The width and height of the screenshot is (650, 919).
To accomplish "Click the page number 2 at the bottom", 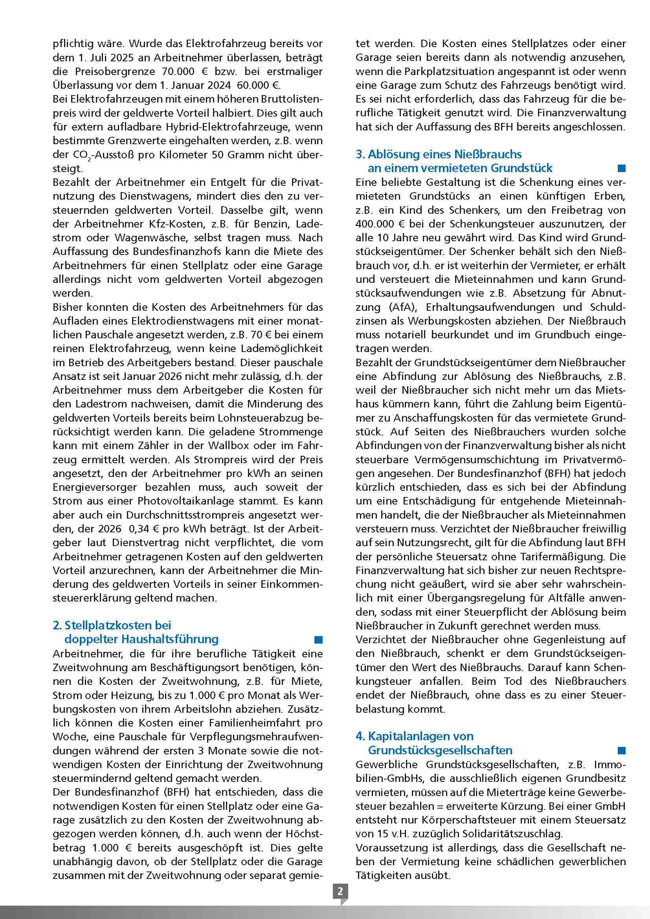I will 340,891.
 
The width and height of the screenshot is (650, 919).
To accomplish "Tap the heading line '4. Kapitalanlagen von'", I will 414,736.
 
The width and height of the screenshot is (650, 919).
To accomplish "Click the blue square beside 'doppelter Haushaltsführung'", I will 318,640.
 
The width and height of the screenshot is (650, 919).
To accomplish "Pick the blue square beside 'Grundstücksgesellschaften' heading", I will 621,750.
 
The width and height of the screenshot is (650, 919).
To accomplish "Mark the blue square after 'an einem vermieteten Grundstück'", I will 621,168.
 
